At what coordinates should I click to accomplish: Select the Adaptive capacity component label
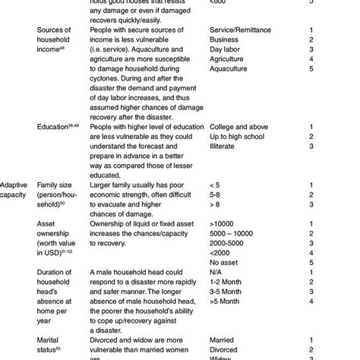pos(16,190)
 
